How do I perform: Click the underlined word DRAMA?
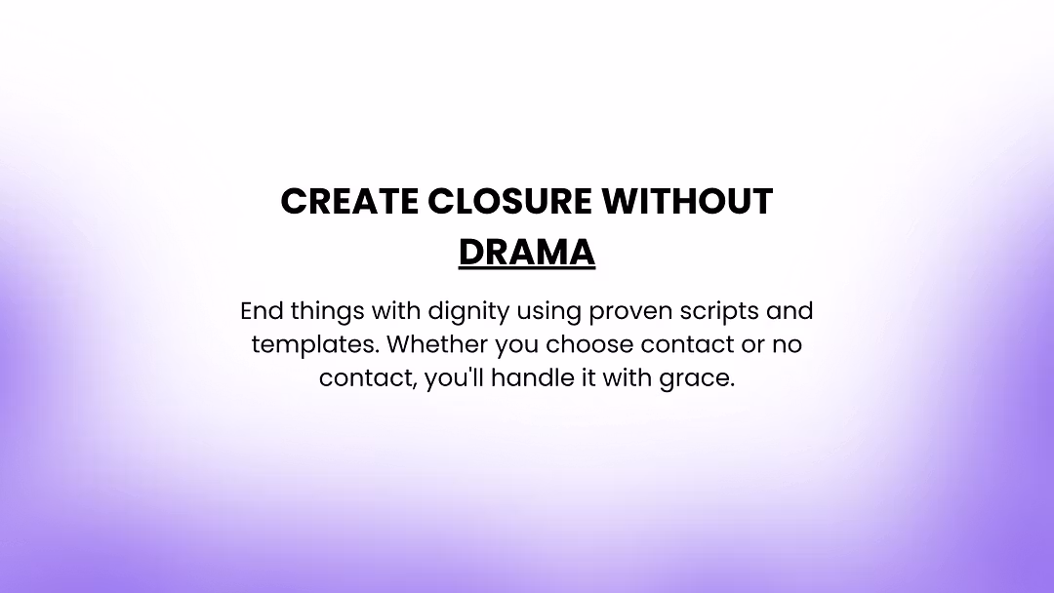pyautogui.click(x=527, y=252)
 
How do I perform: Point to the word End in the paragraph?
pyautogui.click(x=260, y=312)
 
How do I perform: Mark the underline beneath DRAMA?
pyautogui.click(x=527, y=268)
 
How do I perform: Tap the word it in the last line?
pyautogui.click(x=588, y=378)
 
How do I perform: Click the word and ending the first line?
pyautogui.click(x=790, y=312)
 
